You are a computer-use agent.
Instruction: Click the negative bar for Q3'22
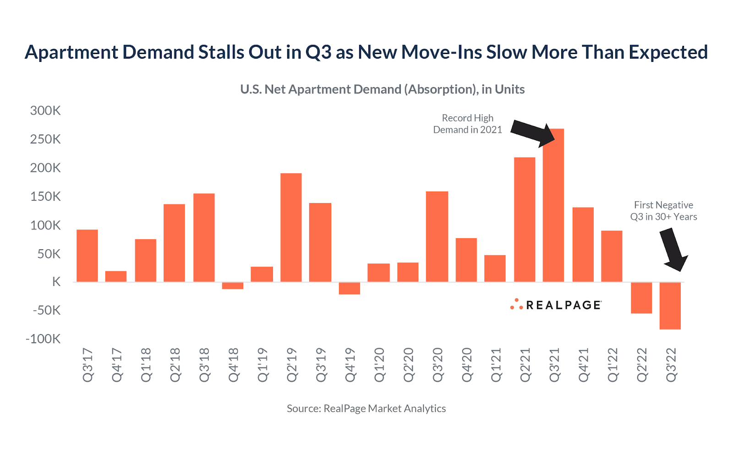click(x=670, y=306)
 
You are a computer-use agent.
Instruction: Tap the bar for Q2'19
click(x=291, y=227)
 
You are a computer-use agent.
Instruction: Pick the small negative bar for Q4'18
click(x=233, y=285)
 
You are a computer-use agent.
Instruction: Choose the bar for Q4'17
click(x=116, y=276)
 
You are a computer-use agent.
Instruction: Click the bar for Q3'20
click(x=437, y=236)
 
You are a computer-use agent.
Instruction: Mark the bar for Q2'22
click(x=641, y=298)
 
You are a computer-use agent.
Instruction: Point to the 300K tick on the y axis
click(x=45, y=111)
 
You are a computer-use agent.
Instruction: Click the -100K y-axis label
click(x=43, y=339)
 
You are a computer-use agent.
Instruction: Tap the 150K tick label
click(x=45, y=197)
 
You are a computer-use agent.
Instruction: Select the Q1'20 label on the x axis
click(x=379, y=365)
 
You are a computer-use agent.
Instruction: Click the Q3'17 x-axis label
click(x=88, y=365)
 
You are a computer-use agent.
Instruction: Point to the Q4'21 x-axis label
click(x=584, y=365)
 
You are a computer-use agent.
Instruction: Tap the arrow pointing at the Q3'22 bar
click(x=673, y=250)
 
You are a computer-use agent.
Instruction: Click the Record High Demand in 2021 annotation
click(x=468, y=124)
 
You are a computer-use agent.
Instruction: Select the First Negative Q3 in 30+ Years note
click(x=663, y=211)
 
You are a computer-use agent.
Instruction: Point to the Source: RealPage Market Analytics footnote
click(x=366, y=408)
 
